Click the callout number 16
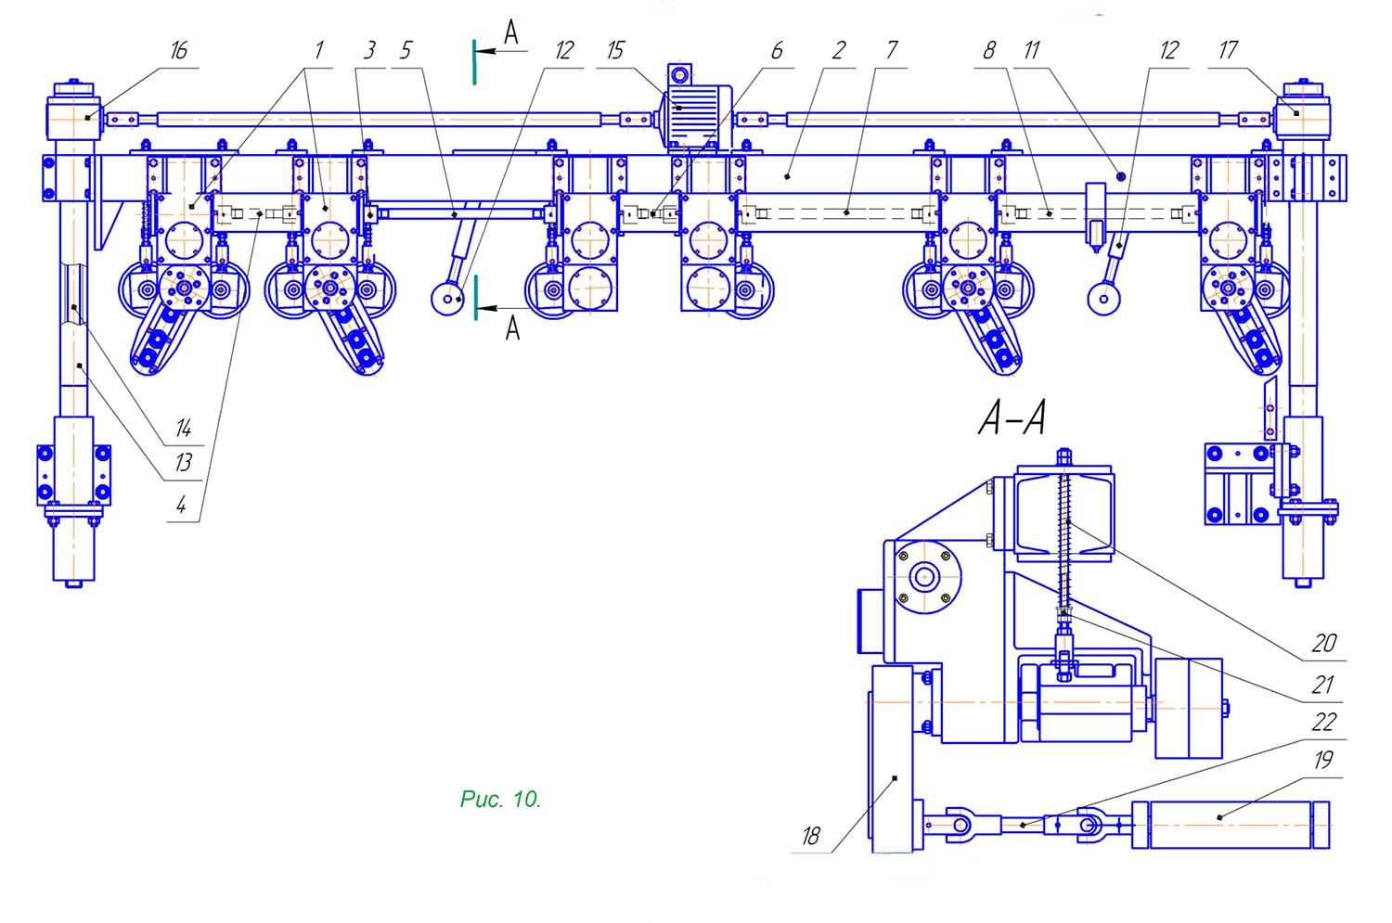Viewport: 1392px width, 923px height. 179,51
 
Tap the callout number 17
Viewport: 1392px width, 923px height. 1228,50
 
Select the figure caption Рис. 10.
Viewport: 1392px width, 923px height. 500,799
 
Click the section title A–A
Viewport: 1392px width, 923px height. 1012,418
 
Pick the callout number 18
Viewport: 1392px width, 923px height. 811,836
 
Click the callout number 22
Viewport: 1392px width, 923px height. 1323,723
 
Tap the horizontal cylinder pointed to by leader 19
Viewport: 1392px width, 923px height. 1231,825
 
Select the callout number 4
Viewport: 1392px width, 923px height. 181,506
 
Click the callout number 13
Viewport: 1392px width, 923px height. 183,463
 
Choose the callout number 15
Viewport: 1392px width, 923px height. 615,51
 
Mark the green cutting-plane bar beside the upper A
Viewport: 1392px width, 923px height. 474,62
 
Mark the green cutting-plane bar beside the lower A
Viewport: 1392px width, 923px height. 475,298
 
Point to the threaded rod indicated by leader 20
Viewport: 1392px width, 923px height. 1064,541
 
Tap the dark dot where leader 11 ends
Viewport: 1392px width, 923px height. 1120,176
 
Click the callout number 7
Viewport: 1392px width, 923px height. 892,50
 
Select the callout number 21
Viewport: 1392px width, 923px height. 1322,686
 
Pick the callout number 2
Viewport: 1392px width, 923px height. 838,51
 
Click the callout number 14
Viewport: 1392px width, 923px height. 183,428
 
